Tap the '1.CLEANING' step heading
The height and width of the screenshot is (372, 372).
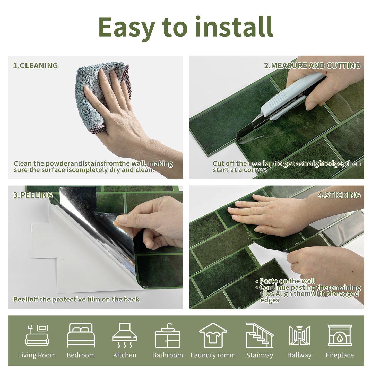tap(36, 66)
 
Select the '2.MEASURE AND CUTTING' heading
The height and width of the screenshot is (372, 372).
tap(312, 66)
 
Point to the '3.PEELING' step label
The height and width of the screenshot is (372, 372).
tap(33, 195)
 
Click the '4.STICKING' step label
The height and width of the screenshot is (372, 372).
tap(339, 195)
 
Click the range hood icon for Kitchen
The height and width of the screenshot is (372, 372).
tap(125, 335)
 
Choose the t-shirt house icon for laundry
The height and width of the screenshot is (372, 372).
tap(213, 335)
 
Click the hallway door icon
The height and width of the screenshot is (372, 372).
tap(299, 335)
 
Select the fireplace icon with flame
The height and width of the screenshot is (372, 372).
tap(340, 335)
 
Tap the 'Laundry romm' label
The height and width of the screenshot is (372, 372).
tap(213, 355)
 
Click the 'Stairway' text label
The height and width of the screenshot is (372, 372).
tap(259, 355)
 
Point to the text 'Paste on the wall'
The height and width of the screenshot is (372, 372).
tap(287, 281)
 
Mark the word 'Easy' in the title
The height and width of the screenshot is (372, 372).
tap(126, 27)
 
